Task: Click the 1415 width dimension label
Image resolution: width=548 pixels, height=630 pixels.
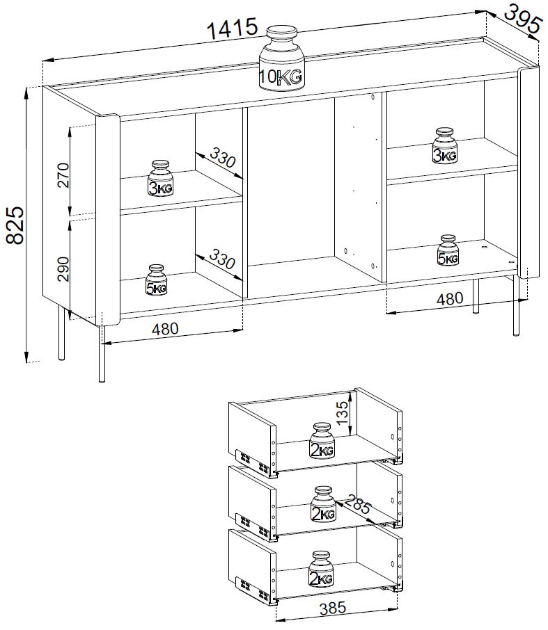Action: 232,29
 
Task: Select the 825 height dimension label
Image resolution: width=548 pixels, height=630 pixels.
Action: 15,225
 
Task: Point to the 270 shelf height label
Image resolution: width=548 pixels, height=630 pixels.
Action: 63,175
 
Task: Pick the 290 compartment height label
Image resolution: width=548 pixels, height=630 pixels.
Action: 63,269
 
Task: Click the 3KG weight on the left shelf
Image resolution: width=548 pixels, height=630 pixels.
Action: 161,179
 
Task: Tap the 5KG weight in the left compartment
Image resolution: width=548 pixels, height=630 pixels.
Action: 156,280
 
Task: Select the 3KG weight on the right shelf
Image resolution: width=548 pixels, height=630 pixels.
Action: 445,145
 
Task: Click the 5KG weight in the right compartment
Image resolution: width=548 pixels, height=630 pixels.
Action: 448,250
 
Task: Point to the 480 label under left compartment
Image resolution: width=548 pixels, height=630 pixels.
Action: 165,329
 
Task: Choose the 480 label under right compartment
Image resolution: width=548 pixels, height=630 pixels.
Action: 450,298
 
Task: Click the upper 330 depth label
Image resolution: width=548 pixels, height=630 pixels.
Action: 221,157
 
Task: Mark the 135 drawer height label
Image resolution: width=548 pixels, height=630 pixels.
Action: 342,413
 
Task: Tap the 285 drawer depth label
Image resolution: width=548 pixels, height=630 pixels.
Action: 357,504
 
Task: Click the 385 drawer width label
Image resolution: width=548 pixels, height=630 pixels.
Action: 333,608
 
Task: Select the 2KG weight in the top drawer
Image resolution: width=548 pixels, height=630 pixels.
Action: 322,440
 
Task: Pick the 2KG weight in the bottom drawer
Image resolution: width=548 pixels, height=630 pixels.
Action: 321,569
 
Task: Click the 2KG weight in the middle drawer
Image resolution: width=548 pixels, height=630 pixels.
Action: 323,504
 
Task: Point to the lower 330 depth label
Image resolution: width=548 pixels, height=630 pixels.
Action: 221,259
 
